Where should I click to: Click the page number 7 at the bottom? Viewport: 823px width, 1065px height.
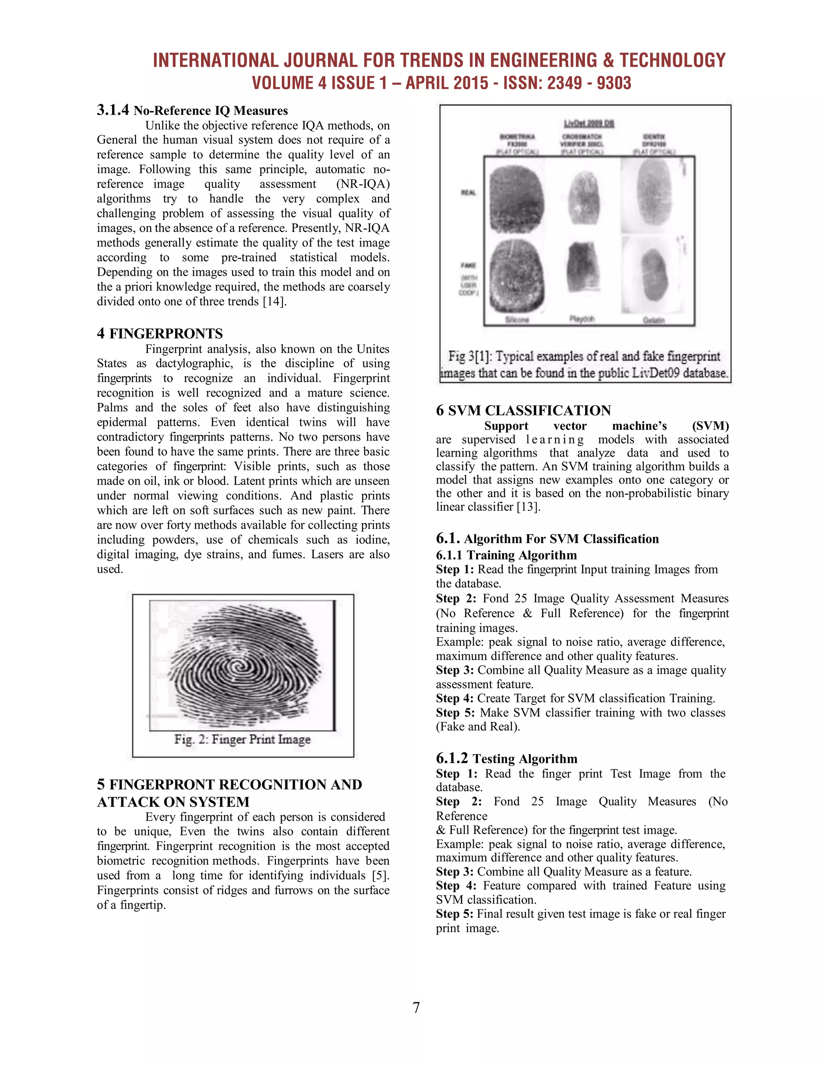pyautogui.click(x=416, y=1007)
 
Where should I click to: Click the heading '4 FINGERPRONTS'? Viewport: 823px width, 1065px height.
pyautogui.click(x=160, y=334)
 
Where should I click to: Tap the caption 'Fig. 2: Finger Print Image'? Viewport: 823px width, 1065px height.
pyautogui.click(x=242, y=739)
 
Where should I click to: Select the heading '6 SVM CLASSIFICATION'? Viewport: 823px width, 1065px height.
pyautogui.click(x=523, y=410)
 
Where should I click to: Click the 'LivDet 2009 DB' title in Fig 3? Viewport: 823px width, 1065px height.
pyautogui.click(x=588, y=123)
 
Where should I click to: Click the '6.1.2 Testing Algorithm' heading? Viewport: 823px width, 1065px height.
pyautogui.click(x=507, y=758)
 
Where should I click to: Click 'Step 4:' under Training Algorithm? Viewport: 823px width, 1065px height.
pyautogui.click(x=454, y=698)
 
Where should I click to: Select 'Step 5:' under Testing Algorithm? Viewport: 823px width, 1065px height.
pyautogui.click(x=454, y=914)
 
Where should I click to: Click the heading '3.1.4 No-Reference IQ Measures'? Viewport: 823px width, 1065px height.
pyautogui.click(x=192, y=110)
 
